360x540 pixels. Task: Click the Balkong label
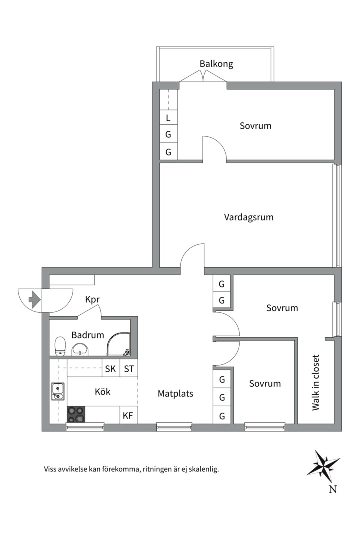(216, 64)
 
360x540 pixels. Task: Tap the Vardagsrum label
(248, 217)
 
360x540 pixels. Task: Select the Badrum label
(88, 335)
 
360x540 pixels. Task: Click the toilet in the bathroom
(60, 346)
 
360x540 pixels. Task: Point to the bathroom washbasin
(80, 350)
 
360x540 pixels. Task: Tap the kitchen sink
(58, 392)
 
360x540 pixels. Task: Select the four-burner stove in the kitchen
(76, 414)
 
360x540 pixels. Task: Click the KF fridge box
(128, 415)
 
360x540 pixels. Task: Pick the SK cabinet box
(111, 369)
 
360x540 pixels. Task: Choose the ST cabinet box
(129, 369)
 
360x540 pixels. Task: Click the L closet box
(169, 118)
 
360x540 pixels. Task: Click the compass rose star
(323, 466)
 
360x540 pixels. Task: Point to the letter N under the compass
(333, 489)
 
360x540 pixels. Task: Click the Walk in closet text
(316, 382)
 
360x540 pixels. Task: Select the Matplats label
(175, 394)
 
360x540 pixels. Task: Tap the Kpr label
(92, 300)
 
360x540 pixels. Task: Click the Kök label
(102, 392)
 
